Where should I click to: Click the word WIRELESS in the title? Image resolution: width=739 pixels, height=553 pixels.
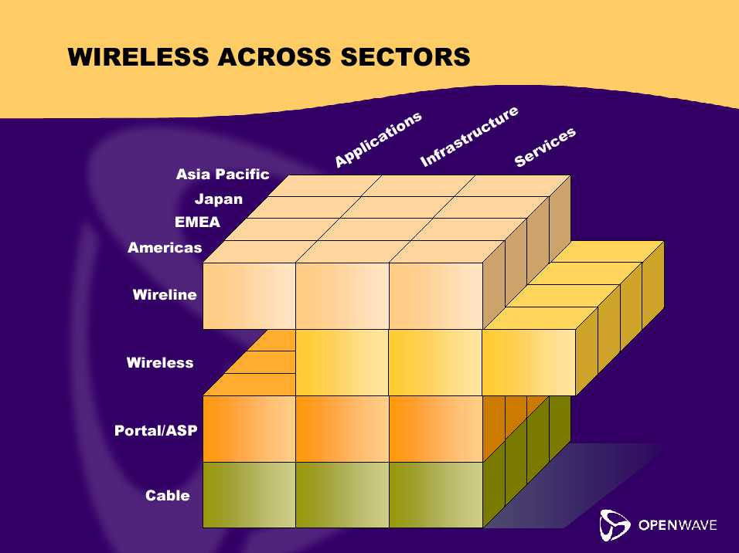coord(138,56)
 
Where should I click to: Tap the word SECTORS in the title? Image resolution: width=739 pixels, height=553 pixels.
coord(405,56)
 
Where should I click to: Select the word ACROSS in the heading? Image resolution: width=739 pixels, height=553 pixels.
coord(274,56)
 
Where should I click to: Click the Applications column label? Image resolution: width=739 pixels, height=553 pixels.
coord(378,140)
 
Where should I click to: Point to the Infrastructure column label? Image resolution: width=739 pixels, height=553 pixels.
coord(469,137)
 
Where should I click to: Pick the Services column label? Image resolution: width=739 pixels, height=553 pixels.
coord(545,147)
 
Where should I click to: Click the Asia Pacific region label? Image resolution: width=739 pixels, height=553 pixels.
coord(223,175)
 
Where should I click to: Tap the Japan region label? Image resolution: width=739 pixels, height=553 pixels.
coord(219,199)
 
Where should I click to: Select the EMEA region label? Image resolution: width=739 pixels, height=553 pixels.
coord(197,222)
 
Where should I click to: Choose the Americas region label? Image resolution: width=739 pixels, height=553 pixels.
coord(165,247)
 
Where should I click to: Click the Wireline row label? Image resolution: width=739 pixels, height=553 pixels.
coord(165,294)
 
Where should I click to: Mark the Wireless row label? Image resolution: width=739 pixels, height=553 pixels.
coord(160,362)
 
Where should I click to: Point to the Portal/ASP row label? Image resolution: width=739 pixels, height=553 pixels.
coord(155,430)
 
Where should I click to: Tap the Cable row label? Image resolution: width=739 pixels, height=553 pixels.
coord(167,495)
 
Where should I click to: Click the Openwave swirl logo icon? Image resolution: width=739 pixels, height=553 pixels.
coord(615,524)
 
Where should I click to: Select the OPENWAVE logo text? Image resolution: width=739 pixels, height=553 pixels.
coord(678,524)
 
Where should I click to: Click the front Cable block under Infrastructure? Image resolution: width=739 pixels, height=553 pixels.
coord(342,494)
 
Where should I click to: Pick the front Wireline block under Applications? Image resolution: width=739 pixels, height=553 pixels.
coord(249,296)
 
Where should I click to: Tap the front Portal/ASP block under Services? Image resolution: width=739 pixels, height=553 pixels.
coord(436,429)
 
